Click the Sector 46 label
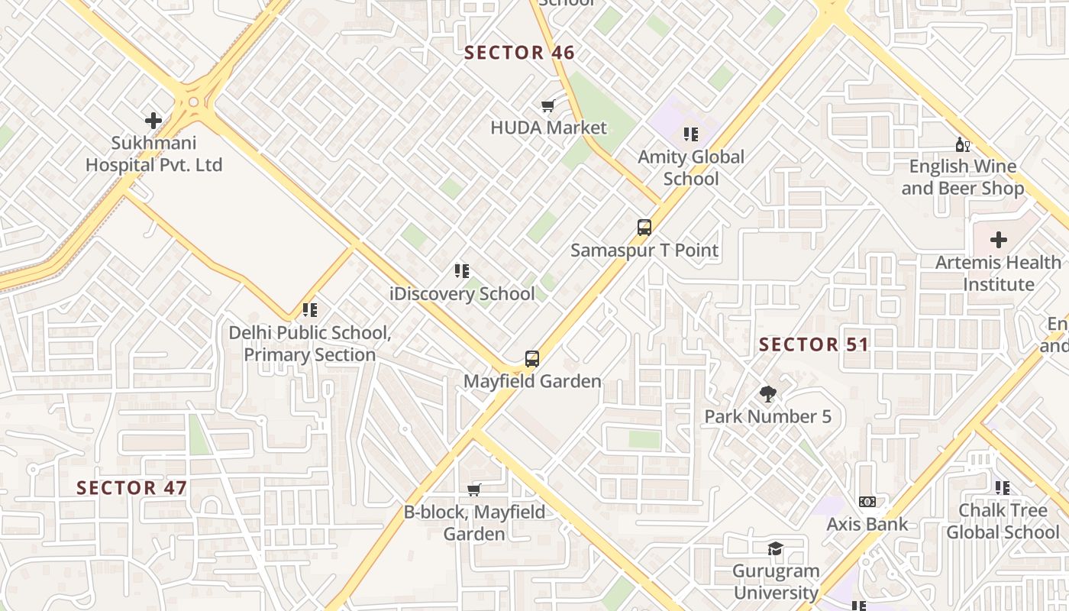(x=519, y=53)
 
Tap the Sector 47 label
(x=132, y=487)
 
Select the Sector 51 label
(x=814, y=344)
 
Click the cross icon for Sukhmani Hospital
(x=153, y=121)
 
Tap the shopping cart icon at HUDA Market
(x=547, y=106)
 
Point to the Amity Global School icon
(x=691, y=135)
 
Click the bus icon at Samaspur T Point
(x=644, y=228)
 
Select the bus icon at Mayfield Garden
(x=532, y=359)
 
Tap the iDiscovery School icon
(x=462, y=271)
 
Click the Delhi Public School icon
(x=310, y=310)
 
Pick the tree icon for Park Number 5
(x=768, y=394)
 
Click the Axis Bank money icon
(x=867, y=502)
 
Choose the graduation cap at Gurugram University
(x=775, y=549)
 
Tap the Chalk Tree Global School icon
(x=1003, y=487)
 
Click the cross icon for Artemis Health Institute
(x=999, y=240)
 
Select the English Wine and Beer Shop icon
(x=962, y=144)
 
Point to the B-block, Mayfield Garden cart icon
(x=474, y=490)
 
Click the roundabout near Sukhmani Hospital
(x=193, y=102)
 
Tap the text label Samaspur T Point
(x=644, y=250)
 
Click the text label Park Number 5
(x=767, y=416)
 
